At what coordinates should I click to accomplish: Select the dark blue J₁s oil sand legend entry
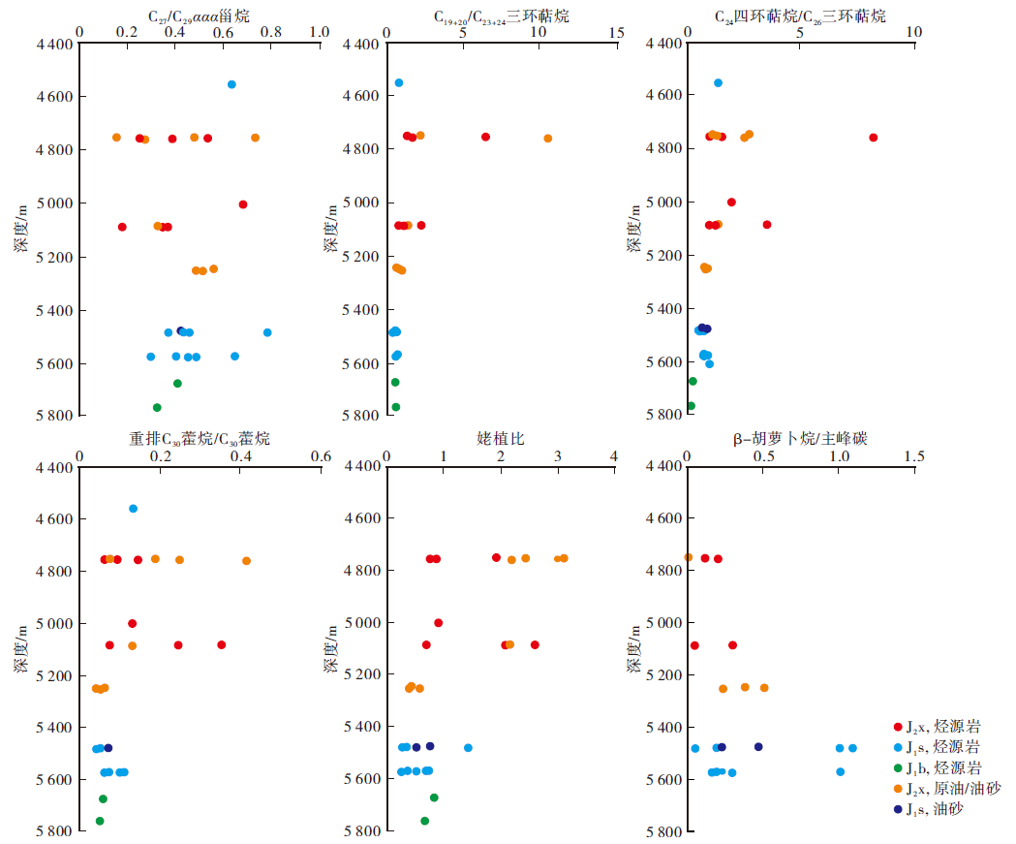point(936,808)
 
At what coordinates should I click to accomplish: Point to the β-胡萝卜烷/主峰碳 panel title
point(800,439)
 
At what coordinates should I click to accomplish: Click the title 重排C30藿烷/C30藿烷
point(200,439)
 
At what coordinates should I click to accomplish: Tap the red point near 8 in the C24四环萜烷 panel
point(874,138)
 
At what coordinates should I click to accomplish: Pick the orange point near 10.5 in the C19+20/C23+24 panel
point(548,139)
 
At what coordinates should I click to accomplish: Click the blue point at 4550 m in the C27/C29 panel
point(231,84)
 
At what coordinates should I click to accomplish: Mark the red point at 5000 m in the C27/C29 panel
point(243,204)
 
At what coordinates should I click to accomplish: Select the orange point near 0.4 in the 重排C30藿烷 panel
point(246,561)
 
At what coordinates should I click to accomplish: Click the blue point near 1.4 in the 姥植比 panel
point(468,748)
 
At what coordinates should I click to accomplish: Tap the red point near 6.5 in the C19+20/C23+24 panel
point(485,137)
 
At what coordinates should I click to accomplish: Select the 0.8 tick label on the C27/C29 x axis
point(270,31)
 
